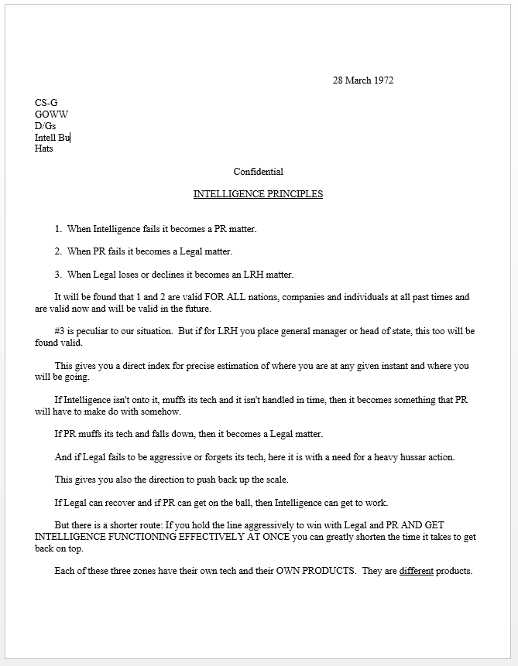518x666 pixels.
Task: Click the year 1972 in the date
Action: [382, 80]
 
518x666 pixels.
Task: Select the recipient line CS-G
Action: [46, 102]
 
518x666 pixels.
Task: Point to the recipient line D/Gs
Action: [45, 125]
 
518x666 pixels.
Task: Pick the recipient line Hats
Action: [44, 149]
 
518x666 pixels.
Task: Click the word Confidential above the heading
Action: [258, 172]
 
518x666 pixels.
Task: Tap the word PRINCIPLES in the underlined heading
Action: [291, 194]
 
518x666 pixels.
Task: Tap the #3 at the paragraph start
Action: [61, 331]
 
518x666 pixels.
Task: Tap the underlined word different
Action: [416, 571]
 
